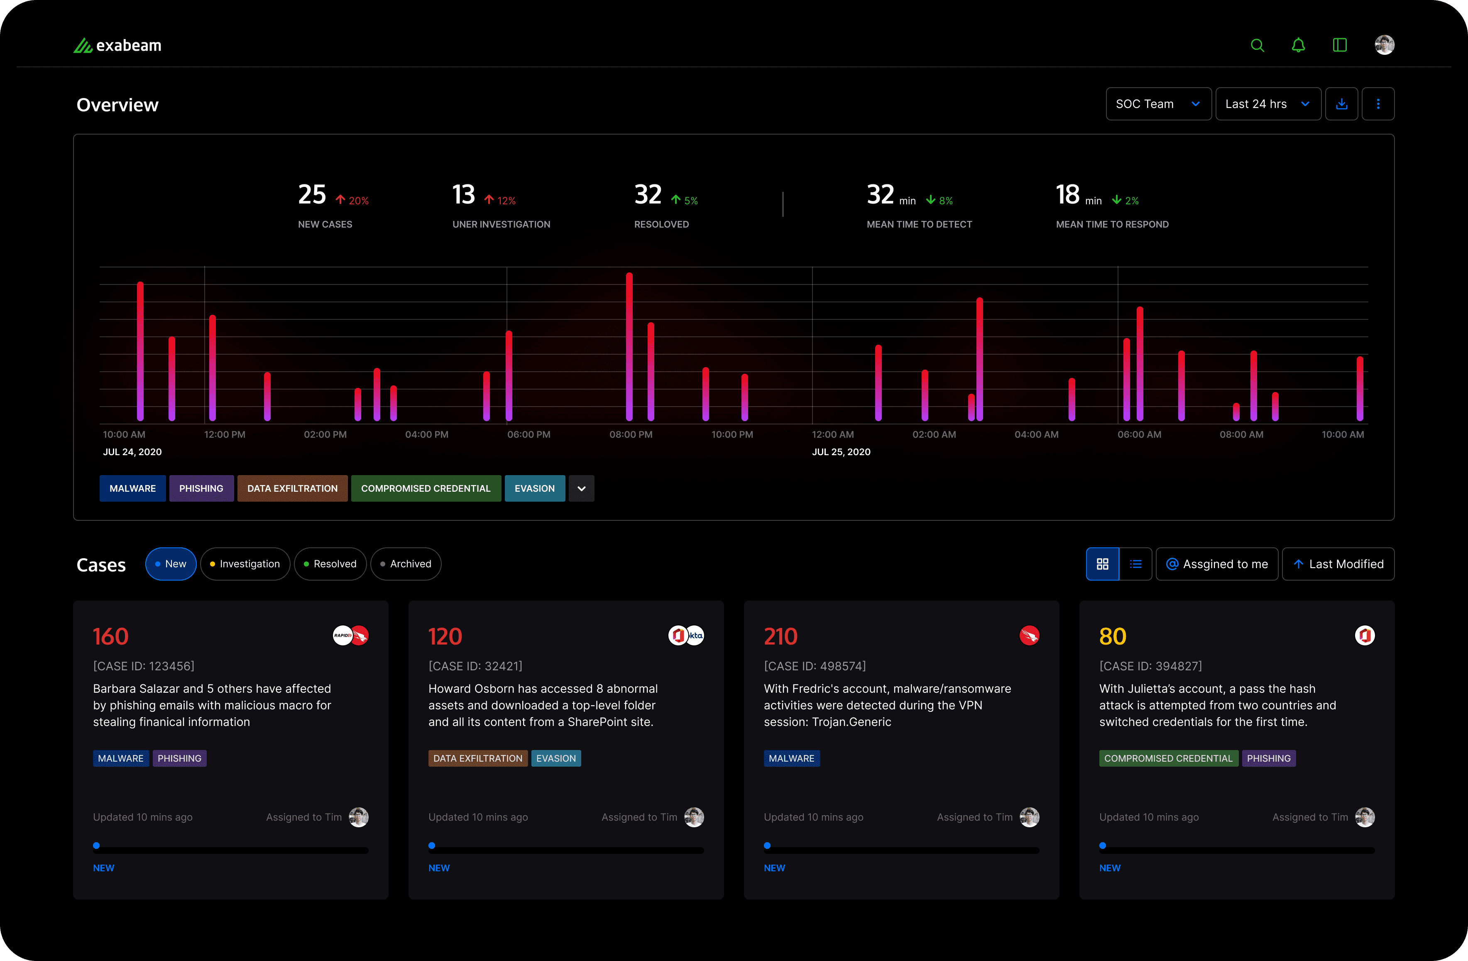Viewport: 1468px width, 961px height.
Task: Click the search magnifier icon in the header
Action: click(x=1257, y=45)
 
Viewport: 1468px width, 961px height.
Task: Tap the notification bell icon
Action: click(x=1298, y=45)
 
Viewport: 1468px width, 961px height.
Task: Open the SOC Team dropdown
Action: click(x=1158, y=104)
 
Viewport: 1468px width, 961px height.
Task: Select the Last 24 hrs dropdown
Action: click(x=1267, y=104)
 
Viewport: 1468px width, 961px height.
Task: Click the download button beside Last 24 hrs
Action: click(x=1341, y=104)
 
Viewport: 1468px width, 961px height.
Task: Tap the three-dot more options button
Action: click(x=1378, y=104)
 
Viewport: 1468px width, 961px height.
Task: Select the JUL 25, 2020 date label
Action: click(x=841, y=451)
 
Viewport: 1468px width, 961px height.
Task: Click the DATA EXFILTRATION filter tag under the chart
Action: click(x=292, y=488)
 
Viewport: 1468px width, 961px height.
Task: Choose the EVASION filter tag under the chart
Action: click(x=535, y=488)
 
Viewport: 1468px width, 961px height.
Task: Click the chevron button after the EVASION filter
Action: click(x=581, y=488)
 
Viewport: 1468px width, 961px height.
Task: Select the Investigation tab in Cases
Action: click(x=245, y=564)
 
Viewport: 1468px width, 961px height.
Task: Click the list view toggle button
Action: click(x=1135, y=564)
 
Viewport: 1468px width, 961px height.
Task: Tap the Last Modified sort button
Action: click(x=1338, y=564)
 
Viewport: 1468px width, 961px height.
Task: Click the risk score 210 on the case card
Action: click(x=780, y=636)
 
